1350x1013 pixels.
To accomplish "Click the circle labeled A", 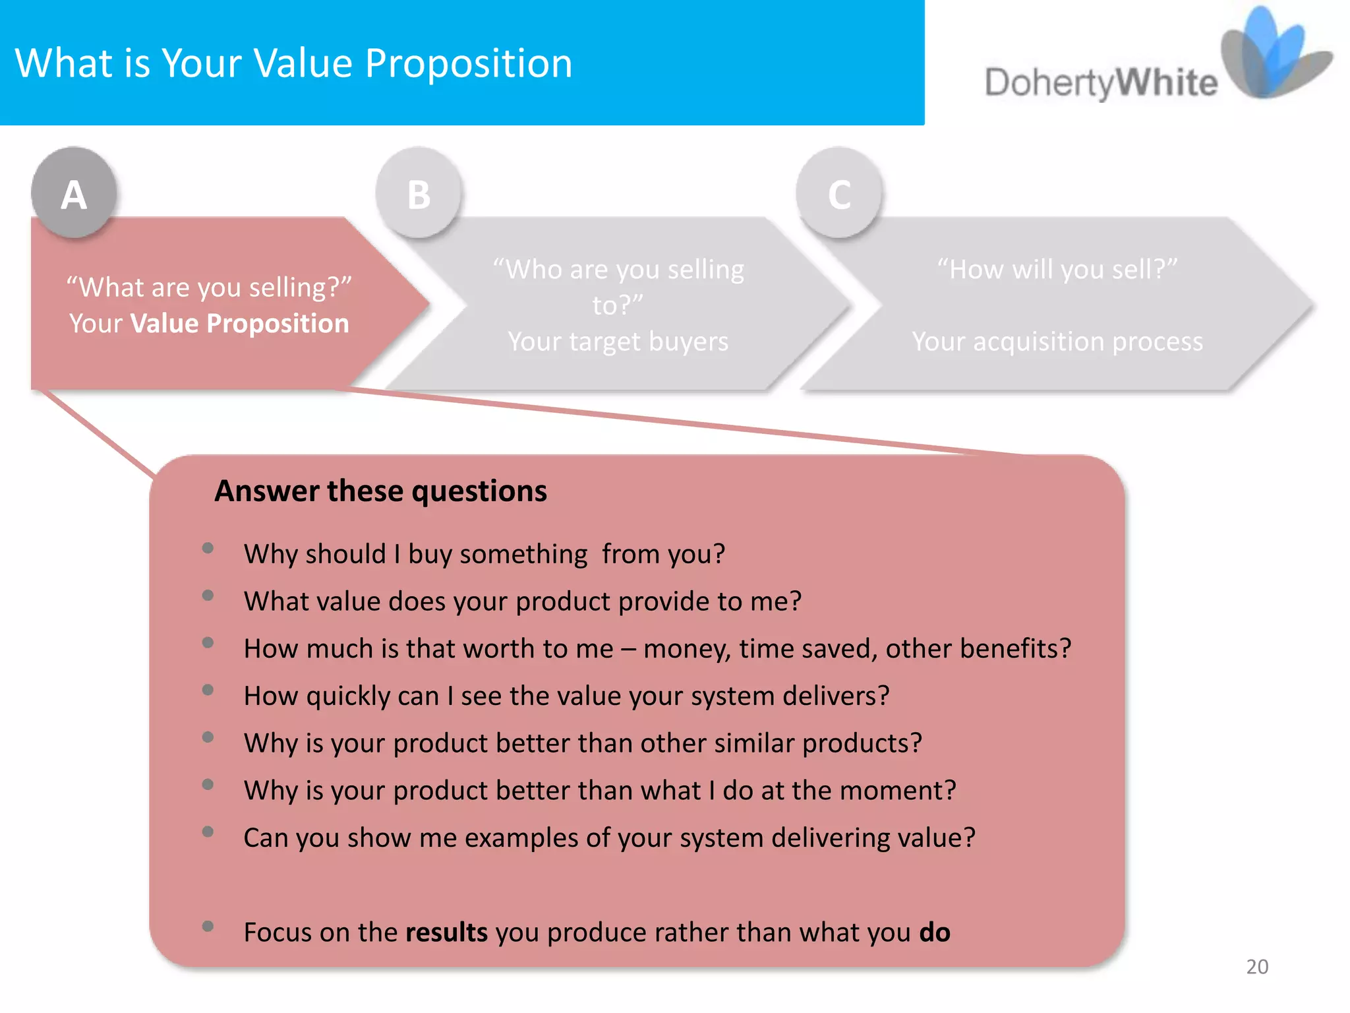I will pos(74,193).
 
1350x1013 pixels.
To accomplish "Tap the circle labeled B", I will pos(419,193).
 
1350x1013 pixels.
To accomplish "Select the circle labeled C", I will pos(838,193).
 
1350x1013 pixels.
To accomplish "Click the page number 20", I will pos(1256,966).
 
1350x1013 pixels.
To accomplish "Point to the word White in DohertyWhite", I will pos(1167,83).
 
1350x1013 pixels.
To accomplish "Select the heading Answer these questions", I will pos(380,491).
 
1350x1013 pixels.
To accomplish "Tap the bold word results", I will pos(446,932).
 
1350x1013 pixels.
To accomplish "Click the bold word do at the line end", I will pos(934,932).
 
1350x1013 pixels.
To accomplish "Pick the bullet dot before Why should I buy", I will pos(208,548).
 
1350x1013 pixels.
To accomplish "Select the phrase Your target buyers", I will pos(618,342).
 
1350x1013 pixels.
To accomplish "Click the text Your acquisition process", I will pos(1057,342).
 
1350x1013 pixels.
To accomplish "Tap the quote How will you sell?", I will pos(1057,269).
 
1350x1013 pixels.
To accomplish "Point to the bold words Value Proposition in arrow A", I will pos(240,323).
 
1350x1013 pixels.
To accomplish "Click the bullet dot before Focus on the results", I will pos(208,926).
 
